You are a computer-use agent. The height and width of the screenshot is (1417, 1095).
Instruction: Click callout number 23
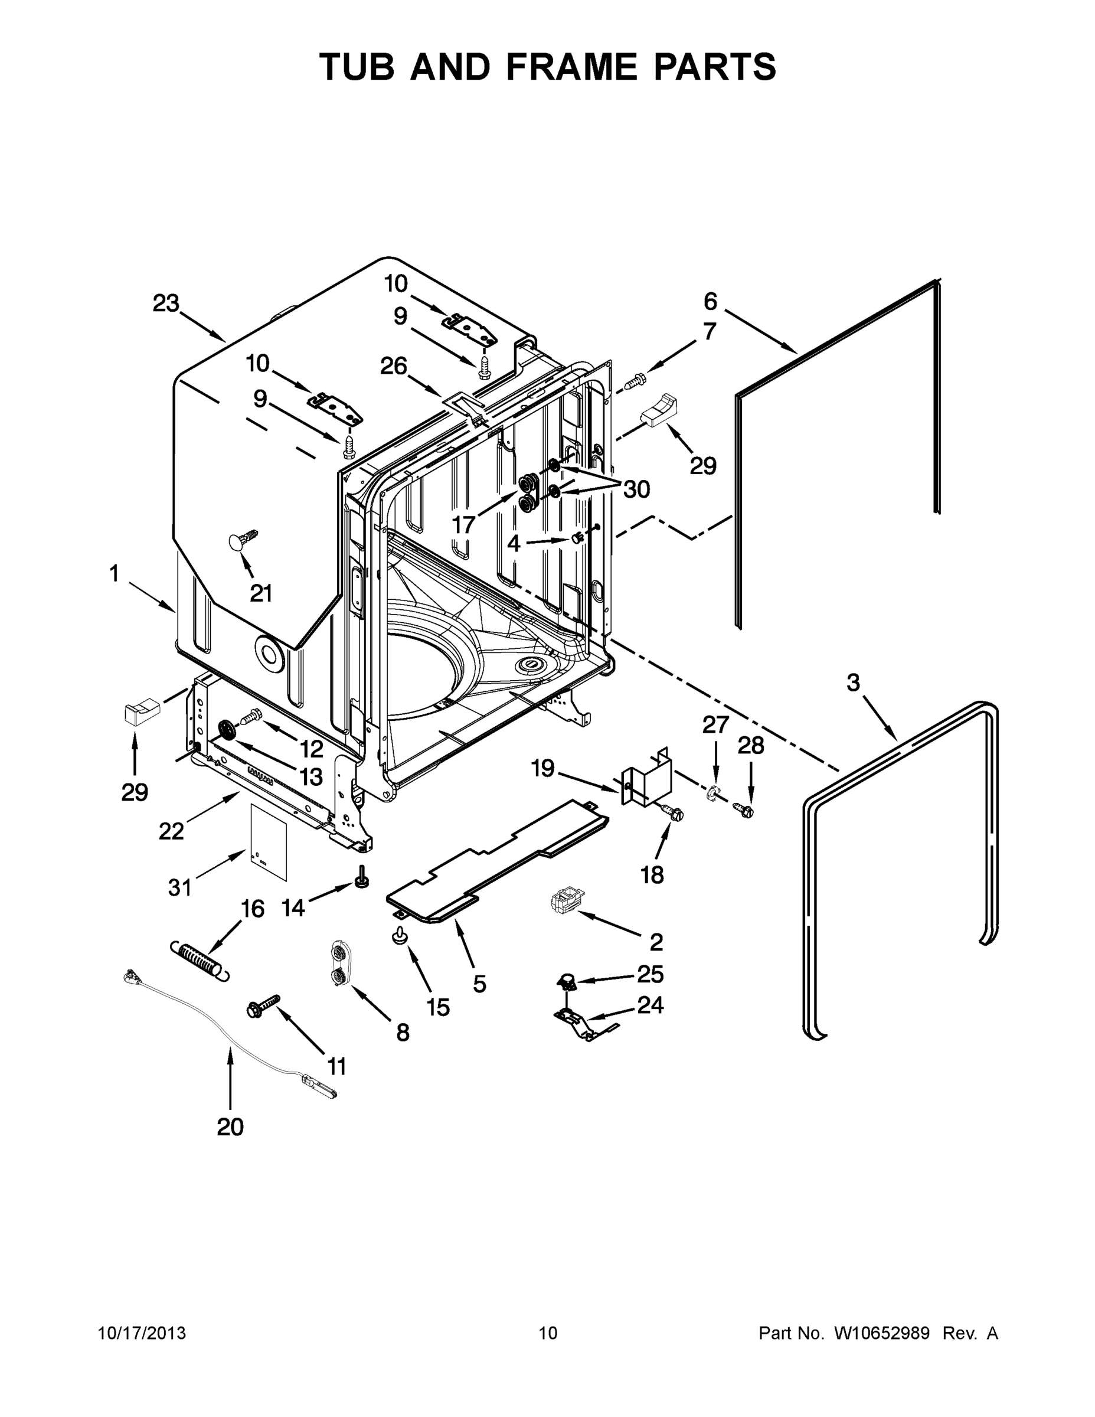(x=166, y=303)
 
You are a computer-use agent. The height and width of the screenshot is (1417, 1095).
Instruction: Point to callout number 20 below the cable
(x=230, y=1127)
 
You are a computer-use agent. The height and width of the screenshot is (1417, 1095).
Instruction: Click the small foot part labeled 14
(x=361, y=878)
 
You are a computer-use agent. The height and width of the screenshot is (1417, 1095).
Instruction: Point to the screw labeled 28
(x=743, y=809)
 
